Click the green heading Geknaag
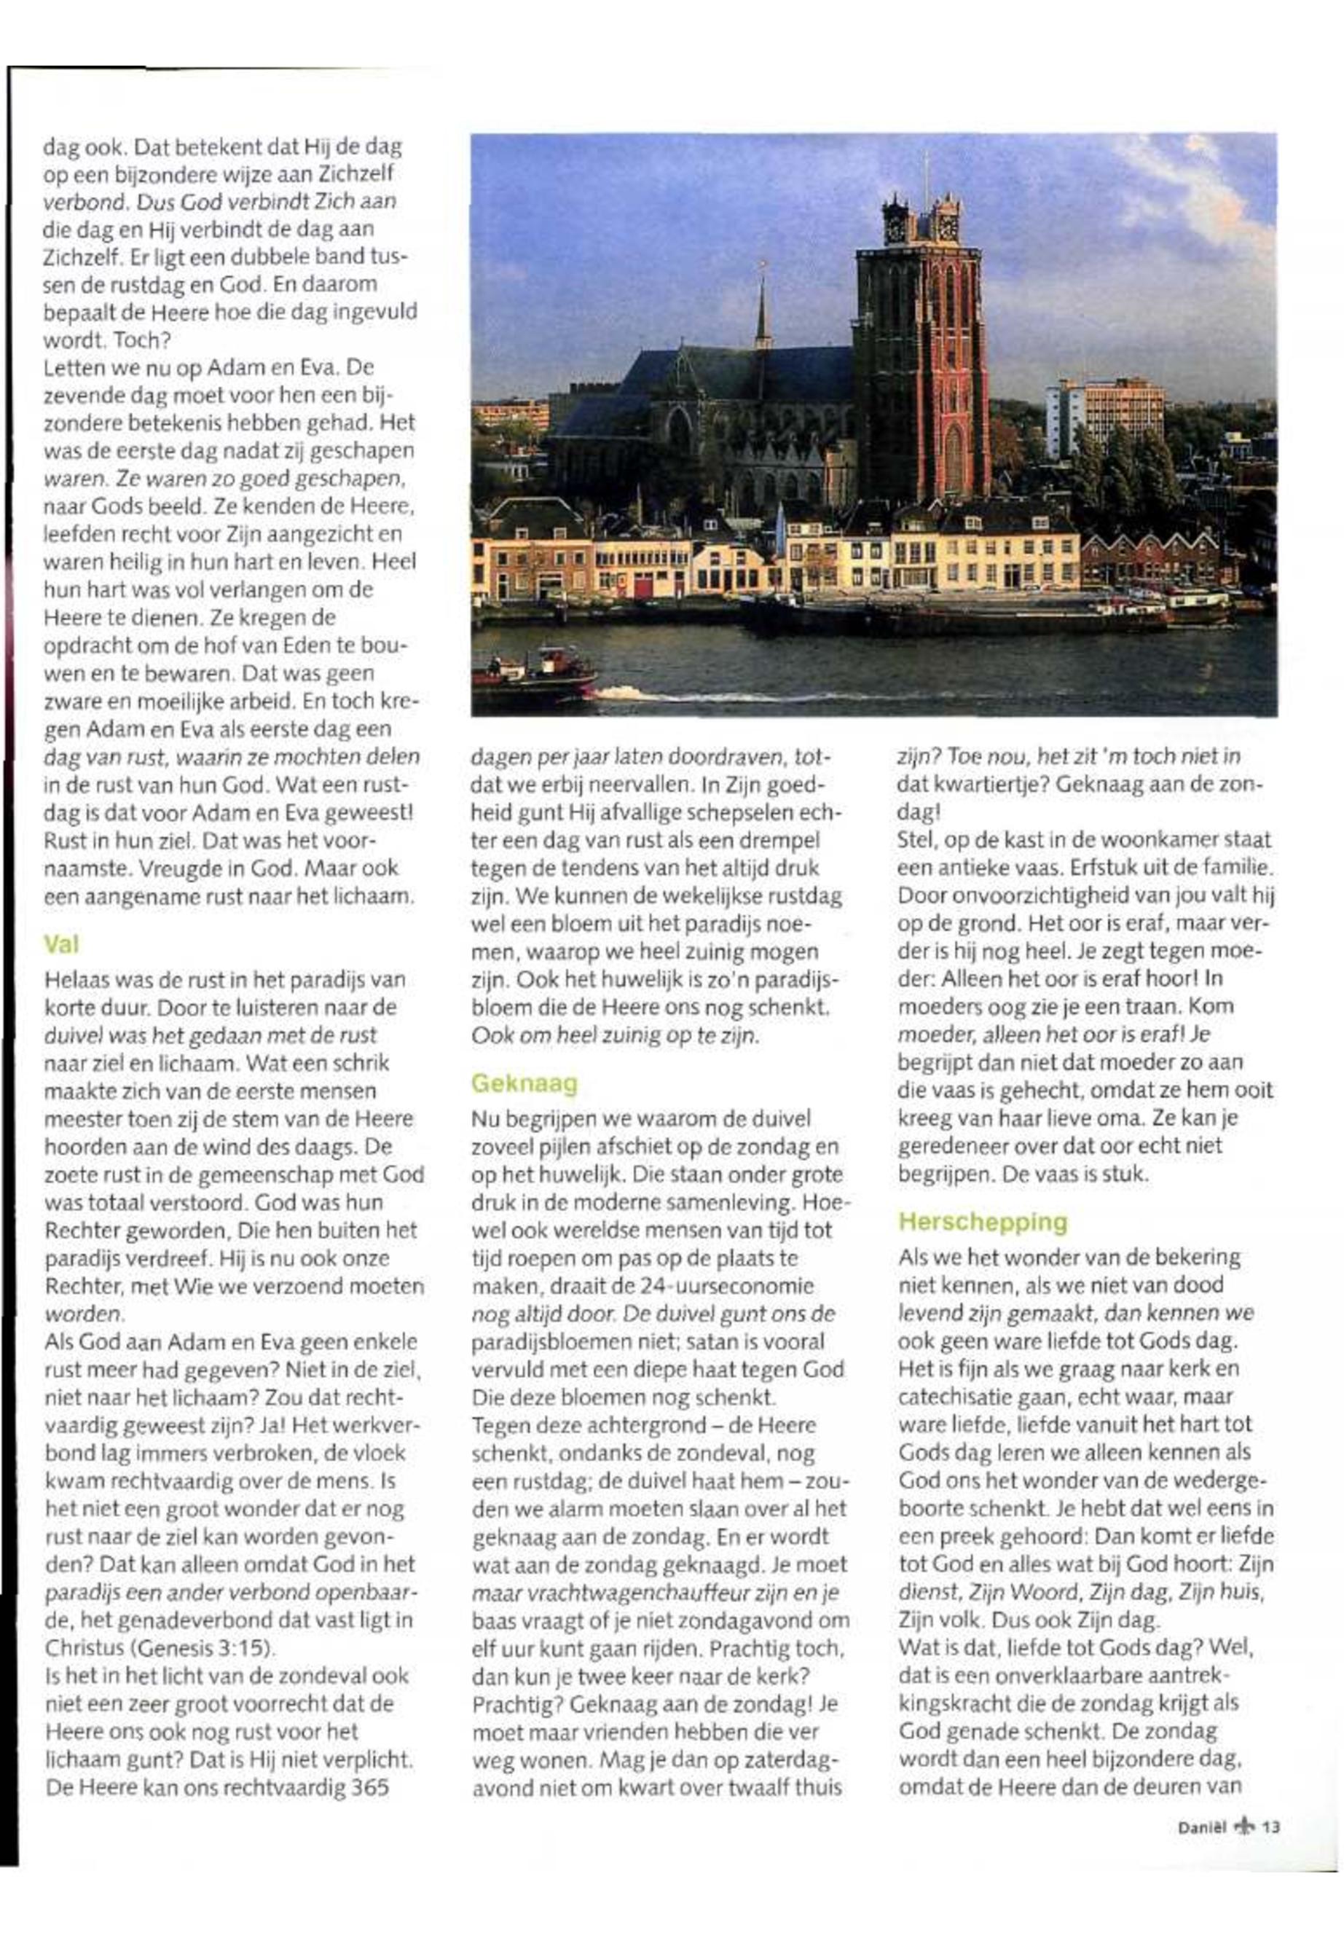tap(524, 1083)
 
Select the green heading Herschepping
tap(983, 1221)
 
